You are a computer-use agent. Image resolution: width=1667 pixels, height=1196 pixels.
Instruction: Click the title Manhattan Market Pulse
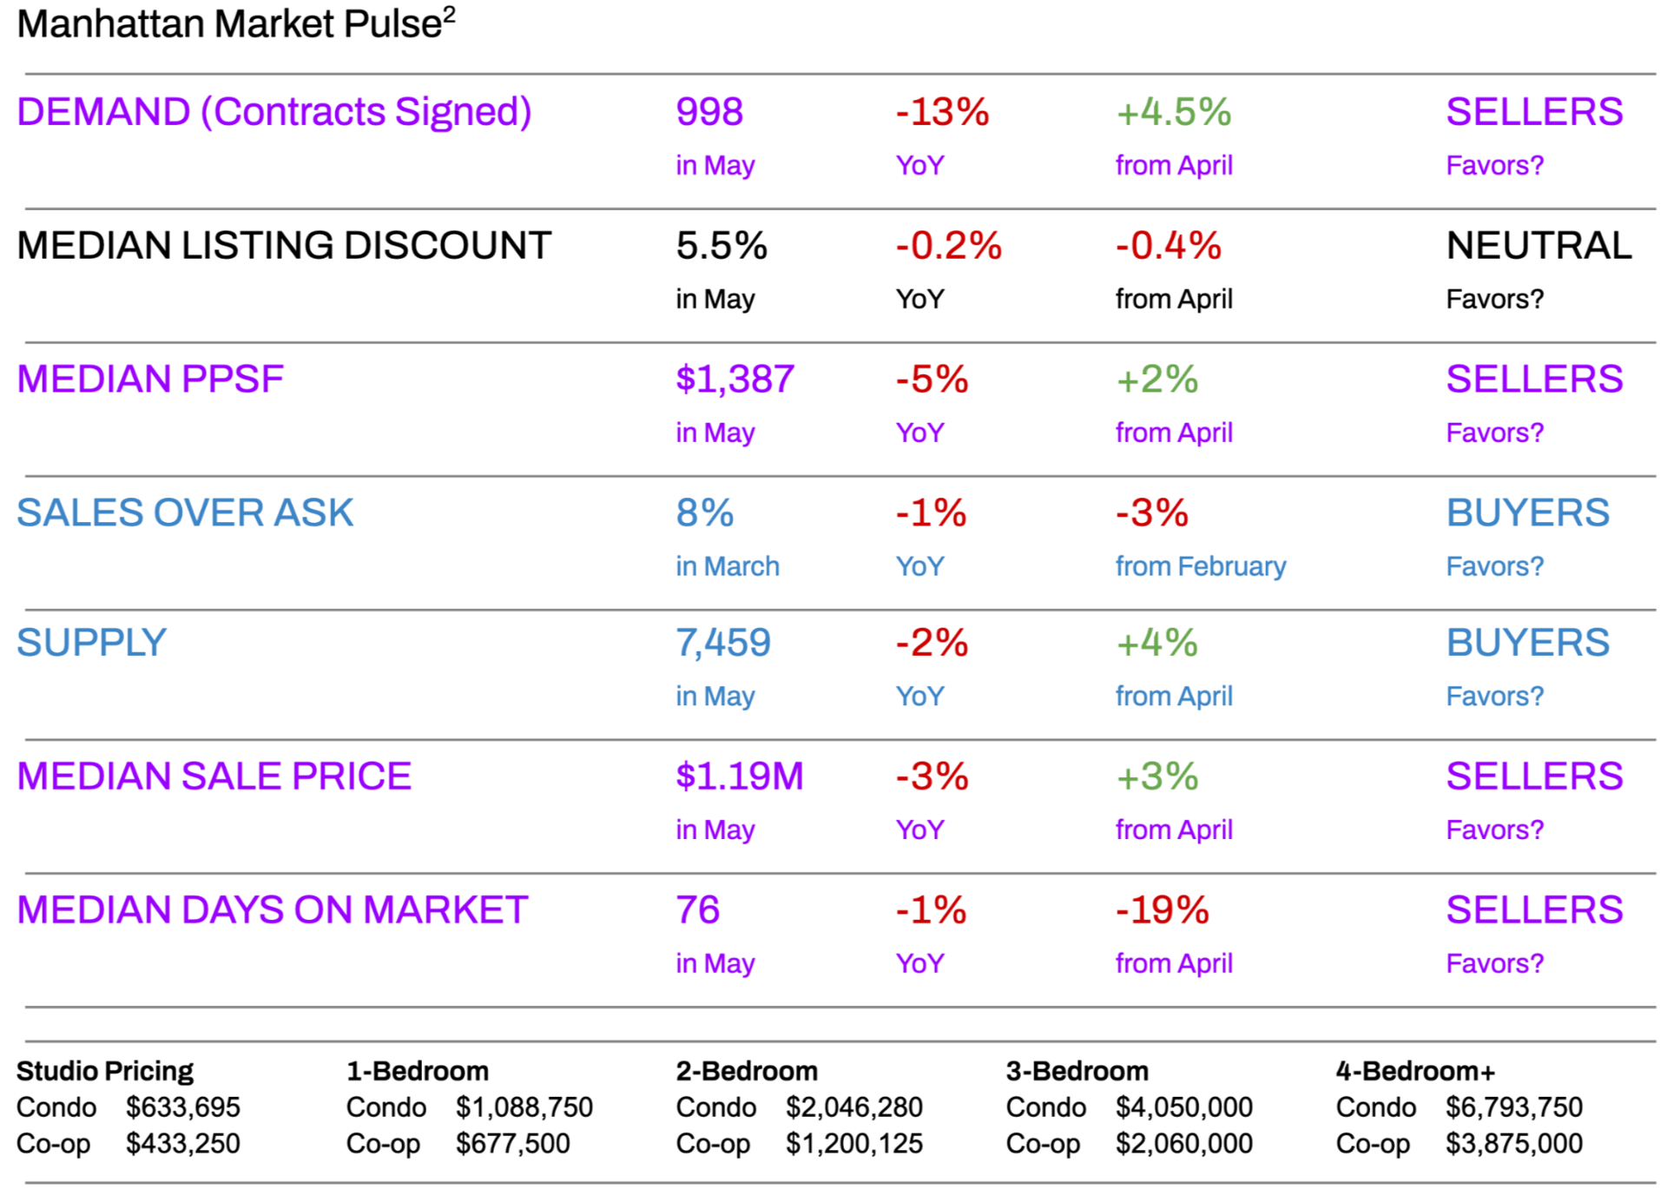(230, 24)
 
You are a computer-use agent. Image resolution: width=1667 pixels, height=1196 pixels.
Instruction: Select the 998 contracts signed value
(709, 112)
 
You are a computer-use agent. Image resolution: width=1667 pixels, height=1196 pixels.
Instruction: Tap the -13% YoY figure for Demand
(942, 112)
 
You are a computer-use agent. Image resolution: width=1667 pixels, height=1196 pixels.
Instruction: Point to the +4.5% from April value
(1173, 112)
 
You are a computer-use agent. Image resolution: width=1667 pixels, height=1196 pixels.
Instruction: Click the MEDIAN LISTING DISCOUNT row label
(284, 246)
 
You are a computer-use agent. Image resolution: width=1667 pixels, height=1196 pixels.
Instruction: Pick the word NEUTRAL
(1539, 246)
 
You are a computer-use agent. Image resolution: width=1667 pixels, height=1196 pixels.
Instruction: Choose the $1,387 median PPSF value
(735, 380)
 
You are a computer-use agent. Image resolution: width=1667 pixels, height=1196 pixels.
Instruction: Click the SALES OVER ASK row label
(185, 512)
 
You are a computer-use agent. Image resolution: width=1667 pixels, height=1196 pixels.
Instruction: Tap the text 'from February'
(1200, 566)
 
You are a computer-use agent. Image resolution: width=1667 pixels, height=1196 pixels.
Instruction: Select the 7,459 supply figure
(723, 644)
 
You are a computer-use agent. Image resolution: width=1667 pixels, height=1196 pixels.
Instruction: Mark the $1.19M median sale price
(740, 776)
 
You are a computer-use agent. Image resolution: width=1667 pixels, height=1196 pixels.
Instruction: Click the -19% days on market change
(1162, 910)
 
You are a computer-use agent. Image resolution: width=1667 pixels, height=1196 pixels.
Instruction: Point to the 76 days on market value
(698, 910)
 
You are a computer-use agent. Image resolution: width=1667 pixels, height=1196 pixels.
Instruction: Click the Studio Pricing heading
(105, 1071)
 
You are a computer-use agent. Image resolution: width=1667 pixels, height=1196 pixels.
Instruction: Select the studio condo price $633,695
(182, 1107)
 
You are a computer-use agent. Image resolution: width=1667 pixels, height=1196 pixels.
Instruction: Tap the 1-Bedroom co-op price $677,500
(512, 1144)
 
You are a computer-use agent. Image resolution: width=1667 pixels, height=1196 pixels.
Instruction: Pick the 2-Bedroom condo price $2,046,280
(853, 1107)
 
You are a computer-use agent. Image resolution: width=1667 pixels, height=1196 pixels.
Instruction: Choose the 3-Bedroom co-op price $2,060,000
(1183, 1144)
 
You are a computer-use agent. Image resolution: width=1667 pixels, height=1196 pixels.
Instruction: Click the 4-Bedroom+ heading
(1415, 1071)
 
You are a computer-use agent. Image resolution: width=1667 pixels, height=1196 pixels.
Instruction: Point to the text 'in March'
(728, 566)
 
